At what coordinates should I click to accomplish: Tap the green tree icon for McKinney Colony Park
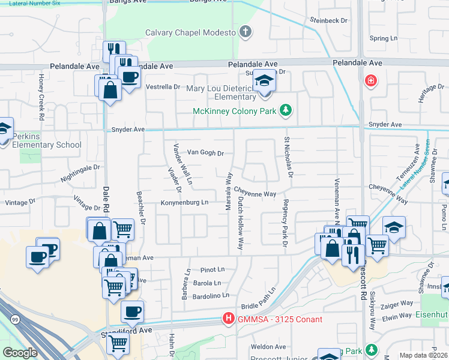tap(287, 110)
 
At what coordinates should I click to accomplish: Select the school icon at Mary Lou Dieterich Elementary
tap(264, 81)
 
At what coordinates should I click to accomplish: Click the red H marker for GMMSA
tap(228, 319)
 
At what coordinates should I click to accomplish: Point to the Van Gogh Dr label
tap(205, 153)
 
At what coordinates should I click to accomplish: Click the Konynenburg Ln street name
tap(184, 203)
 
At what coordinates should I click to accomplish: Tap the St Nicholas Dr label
tap(288, 157)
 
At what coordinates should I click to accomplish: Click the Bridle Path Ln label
tap(258, 297)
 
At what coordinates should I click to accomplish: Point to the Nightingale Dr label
tap(80, 173)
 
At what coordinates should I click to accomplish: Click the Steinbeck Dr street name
tap(328, 20)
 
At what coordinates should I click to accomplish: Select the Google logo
tap(20, 352)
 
